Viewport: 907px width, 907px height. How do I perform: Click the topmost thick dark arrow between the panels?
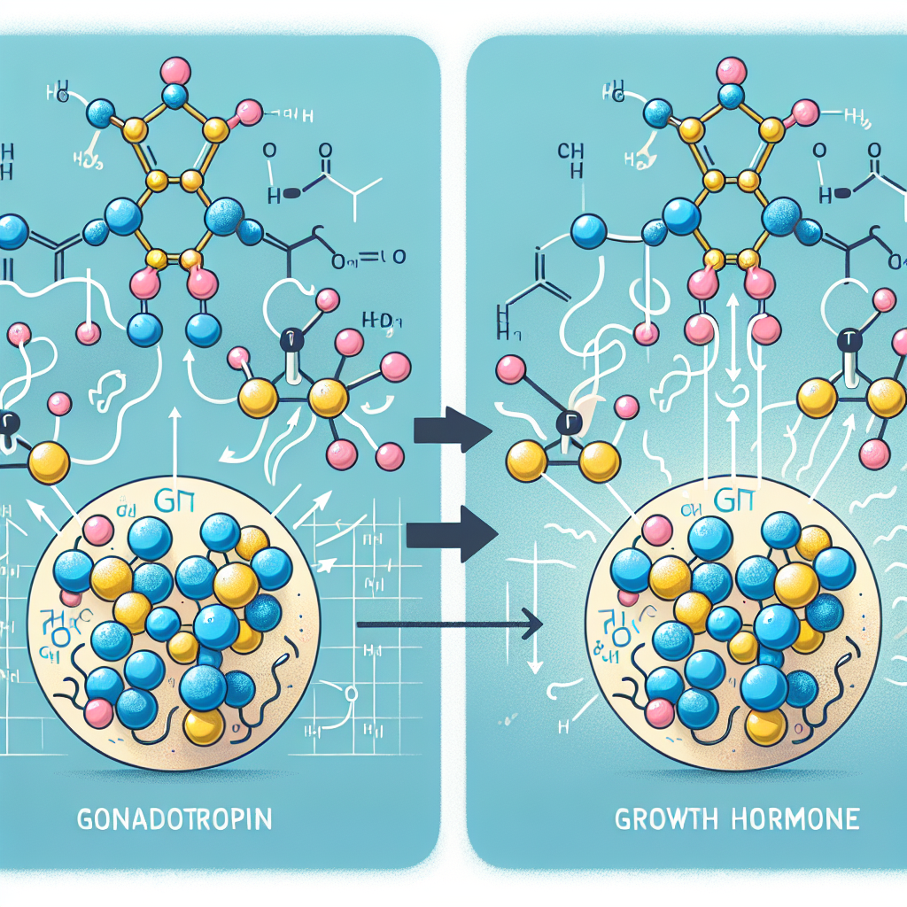(x=453, y=431)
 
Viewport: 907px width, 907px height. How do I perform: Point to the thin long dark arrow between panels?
(x=447, y=624)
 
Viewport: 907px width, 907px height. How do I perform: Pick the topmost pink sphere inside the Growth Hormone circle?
(x=657, y=530)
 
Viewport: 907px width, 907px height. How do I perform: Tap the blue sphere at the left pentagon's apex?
(x=176, y=96)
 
